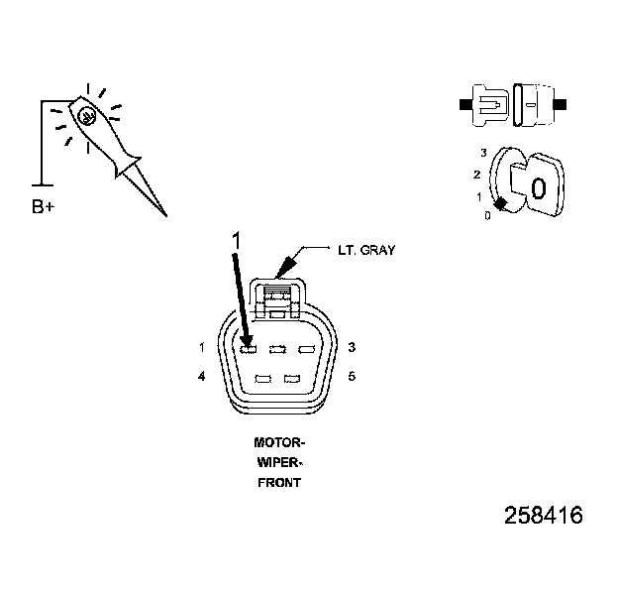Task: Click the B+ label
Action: point(44,207)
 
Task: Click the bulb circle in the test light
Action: point(87,116)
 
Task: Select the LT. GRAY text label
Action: point(365,250)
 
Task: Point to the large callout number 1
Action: point(236,240)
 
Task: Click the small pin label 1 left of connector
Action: point(202,348)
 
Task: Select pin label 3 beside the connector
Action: point(352,348)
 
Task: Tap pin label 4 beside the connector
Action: point(202,377)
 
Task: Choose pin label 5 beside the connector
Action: point(352,377)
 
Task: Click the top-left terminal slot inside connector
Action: point(250,348)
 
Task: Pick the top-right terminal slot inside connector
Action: point(306,348)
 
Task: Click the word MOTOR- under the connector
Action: point(278,443)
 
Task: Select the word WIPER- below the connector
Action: point(278,463)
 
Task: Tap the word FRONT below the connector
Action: point(278,483)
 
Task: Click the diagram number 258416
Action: point(543,517)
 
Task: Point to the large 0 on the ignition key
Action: point(538,188)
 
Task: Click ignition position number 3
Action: point(482,153)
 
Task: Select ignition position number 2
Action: point(477,176)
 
